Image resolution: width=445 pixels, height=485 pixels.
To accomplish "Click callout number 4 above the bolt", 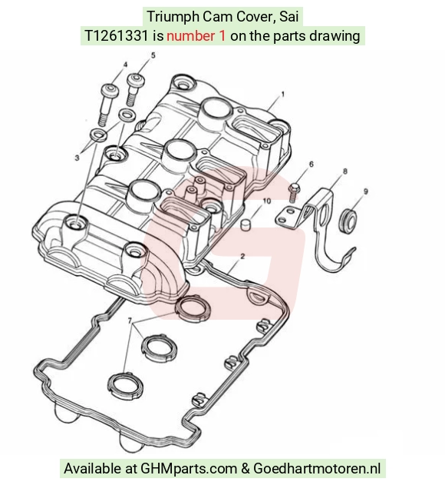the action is coord(125,65).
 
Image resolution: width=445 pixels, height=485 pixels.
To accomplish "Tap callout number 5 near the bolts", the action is coord(153,55).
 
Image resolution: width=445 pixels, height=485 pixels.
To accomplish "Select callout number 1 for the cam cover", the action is coord(282,95).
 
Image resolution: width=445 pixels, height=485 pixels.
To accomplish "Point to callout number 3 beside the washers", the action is coord(77,158).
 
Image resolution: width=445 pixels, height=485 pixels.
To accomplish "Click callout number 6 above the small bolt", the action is coord(311,164).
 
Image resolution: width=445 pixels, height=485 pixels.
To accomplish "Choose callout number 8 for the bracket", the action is coord(345,171).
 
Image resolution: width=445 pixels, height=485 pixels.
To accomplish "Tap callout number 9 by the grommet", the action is coord(366,191).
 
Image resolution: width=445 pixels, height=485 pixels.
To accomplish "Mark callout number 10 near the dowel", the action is coord(267,201).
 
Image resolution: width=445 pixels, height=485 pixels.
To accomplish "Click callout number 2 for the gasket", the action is coord(242,257).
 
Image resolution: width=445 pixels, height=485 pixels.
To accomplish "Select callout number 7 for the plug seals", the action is coord(130,321).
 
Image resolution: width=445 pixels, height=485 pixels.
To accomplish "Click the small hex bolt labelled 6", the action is coord(293,192).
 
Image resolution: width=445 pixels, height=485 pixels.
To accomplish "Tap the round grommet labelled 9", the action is coord(348,221).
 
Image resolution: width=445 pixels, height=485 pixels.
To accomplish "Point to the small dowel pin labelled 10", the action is coord(245,224).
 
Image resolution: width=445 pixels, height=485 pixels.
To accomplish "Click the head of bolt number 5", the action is coord(136,80).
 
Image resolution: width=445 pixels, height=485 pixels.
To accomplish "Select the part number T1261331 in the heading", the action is coord(117,36).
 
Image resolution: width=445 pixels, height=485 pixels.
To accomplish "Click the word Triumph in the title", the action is coord(173,17).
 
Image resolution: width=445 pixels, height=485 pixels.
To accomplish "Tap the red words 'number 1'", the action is coord(196,36).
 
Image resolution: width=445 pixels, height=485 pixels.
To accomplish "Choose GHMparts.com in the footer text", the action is coord(189,468).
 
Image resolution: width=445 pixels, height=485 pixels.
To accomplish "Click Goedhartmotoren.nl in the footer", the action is coord(317,468).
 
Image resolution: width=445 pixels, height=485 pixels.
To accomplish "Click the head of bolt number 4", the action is coord(110,91).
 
